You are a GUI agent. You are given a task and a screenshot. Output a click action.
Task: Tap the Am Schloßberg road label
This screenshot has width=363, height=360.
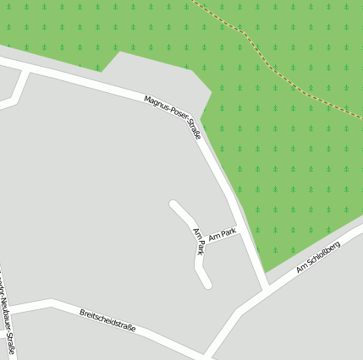pyautogui.click(x=318, y=257)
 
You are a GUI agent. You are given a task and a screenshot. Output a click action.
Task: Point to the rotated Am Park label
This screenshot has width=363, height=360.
pyautogui.click(x=199, y=241)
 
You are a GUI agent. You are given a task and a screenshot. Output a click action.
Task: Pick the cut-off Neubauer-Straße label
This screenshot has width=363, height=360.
pyautogui.click(x=8, y=321)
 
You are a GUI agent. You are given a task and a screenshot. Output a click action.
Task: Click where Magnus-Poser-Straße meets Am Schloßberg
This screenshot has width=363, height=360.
pyautogui.click(x=266, y=290)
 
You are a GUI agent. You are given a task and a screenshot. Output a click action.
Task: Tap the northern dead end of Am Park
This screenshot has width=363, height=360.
pyautogui.click(x=173, y=204)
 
